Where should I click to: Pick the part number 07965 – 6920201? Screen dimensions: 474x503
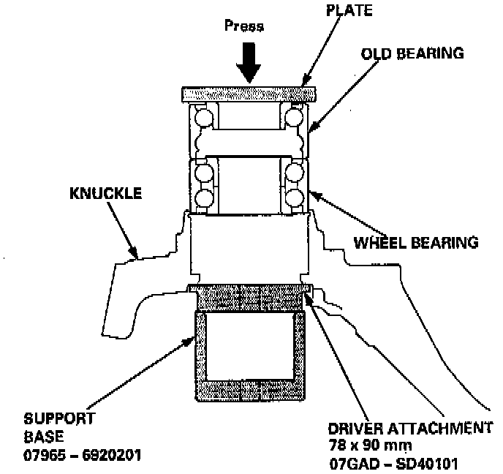[x=82, y=454]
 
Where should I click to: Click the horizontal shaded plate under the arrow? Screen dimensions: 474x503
[x=248, y=94]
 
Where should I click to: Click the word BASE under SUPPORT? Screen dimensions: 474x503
[x=42, y=437]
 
